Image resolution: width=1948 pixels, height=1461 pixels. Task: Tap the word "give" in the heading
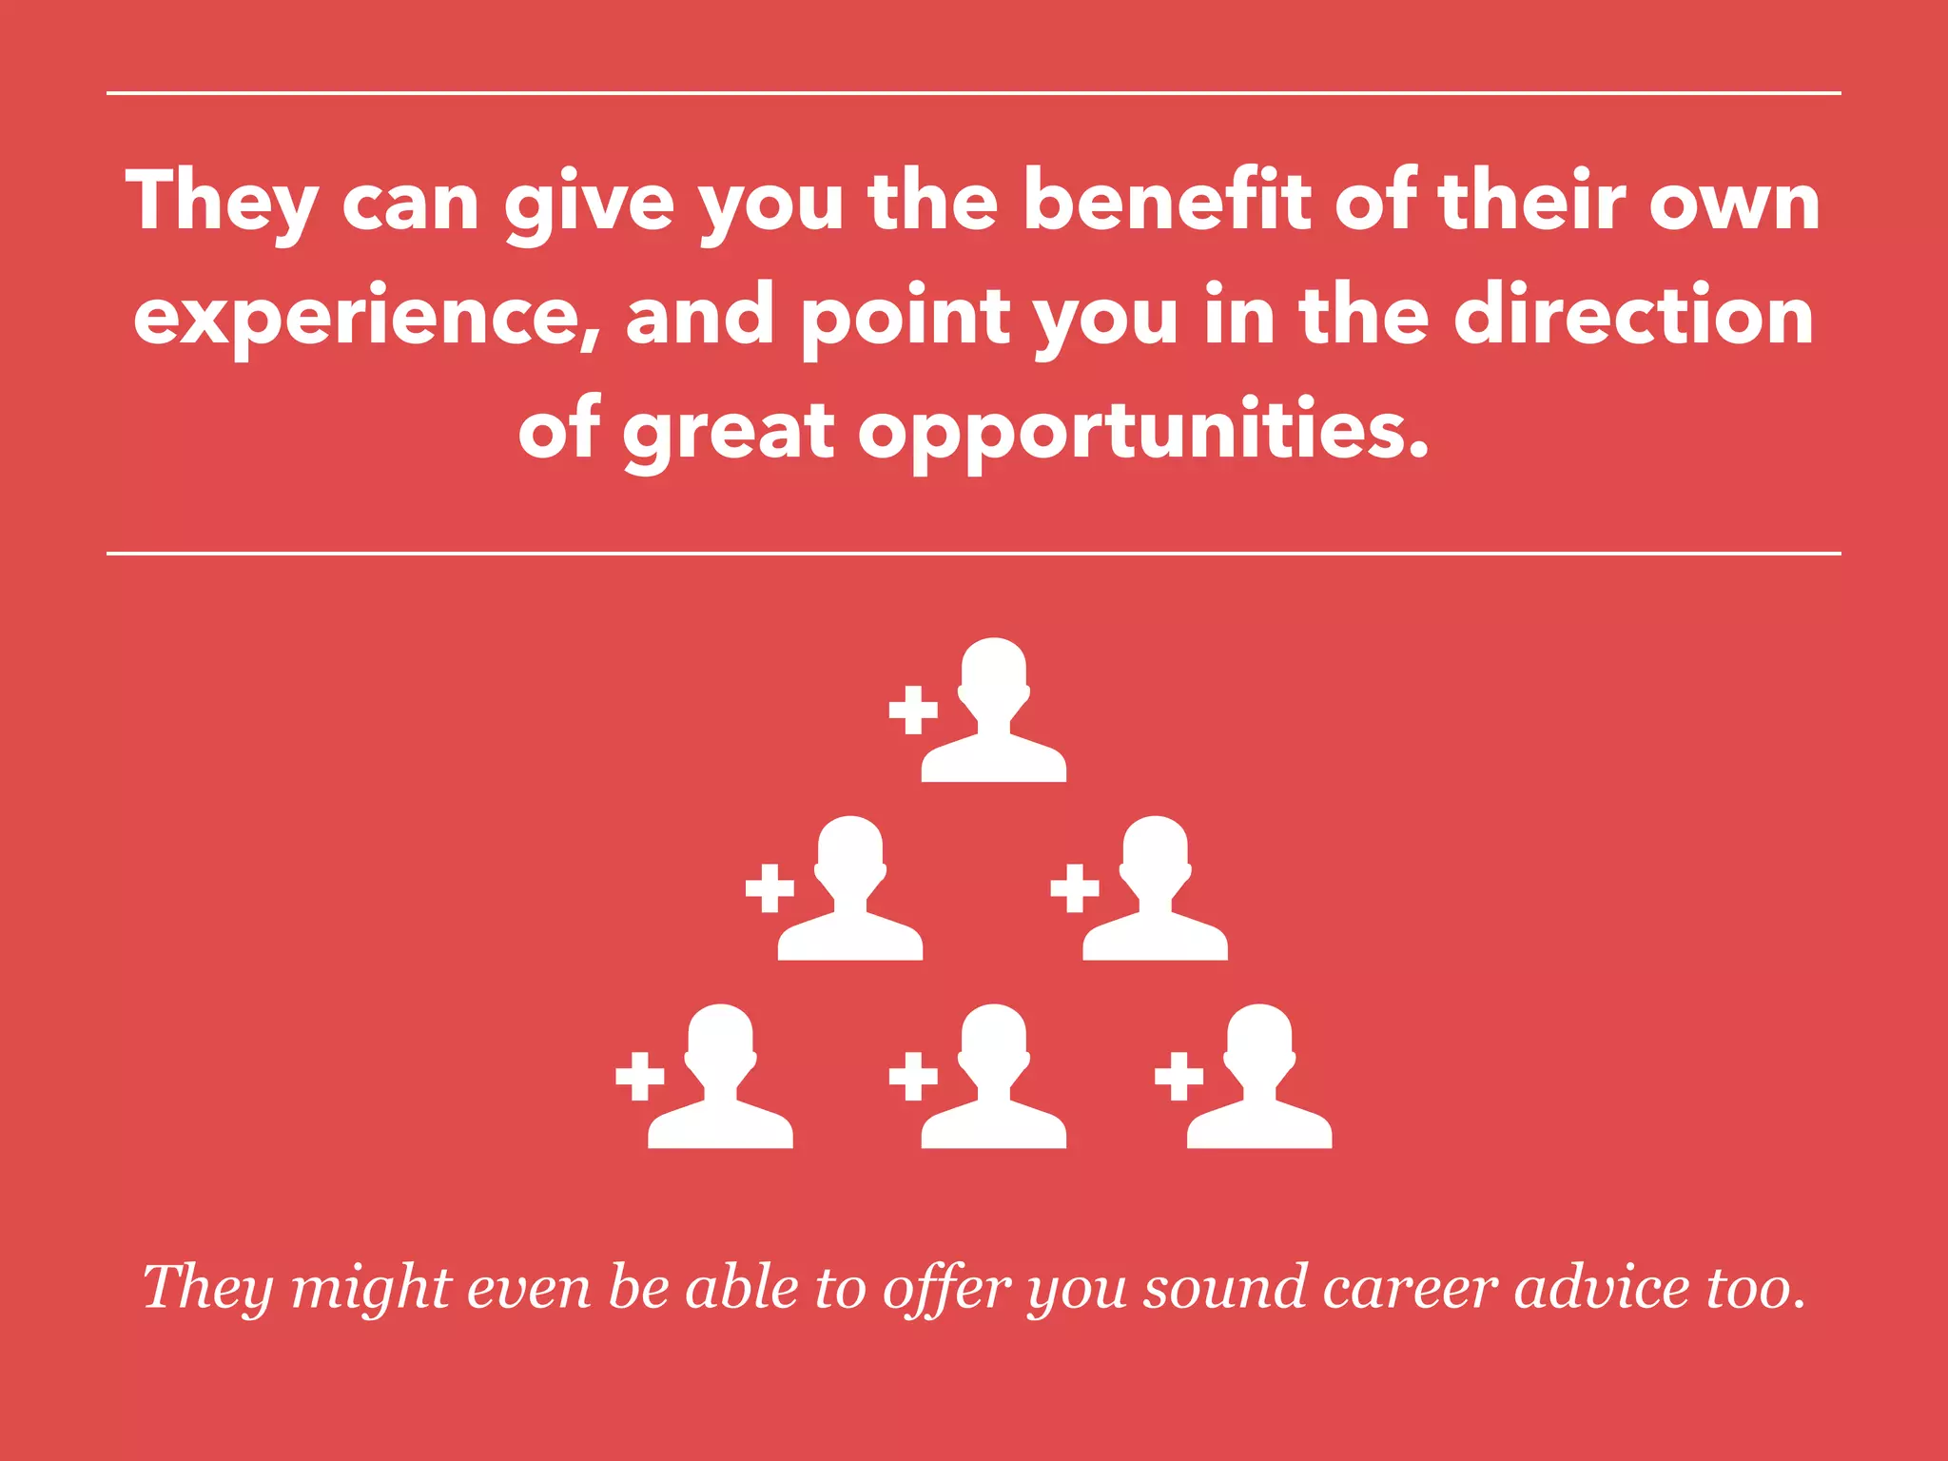(589, 204)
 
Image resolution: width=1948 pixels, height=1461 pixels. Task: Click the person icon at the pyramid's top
(993, 711)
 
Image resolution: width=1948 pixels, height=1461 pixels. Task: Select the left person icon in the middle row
(849, 889)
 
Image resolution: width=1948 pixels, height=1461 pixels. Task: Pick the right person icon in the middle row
(1155, 889)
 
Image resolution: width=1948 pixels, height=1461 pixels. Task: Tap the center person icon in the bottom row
(993, 1078)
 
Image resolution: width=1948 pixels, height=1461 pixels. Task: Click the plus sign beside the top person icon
(913, 710)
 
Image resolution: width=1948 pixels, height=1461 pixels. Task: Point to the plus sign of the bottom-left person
(640, 1077)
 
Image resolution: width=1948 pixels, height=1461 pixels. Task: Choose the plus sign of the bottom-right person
(1179, 1077)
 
